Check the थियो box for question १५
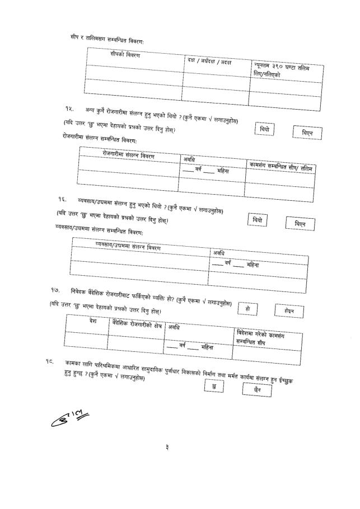265,129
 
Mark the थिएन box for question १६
300,224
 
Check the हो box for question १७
247,309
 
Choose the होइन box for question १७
289,311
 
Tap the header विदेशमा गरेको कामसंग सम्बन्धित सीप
263,336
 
